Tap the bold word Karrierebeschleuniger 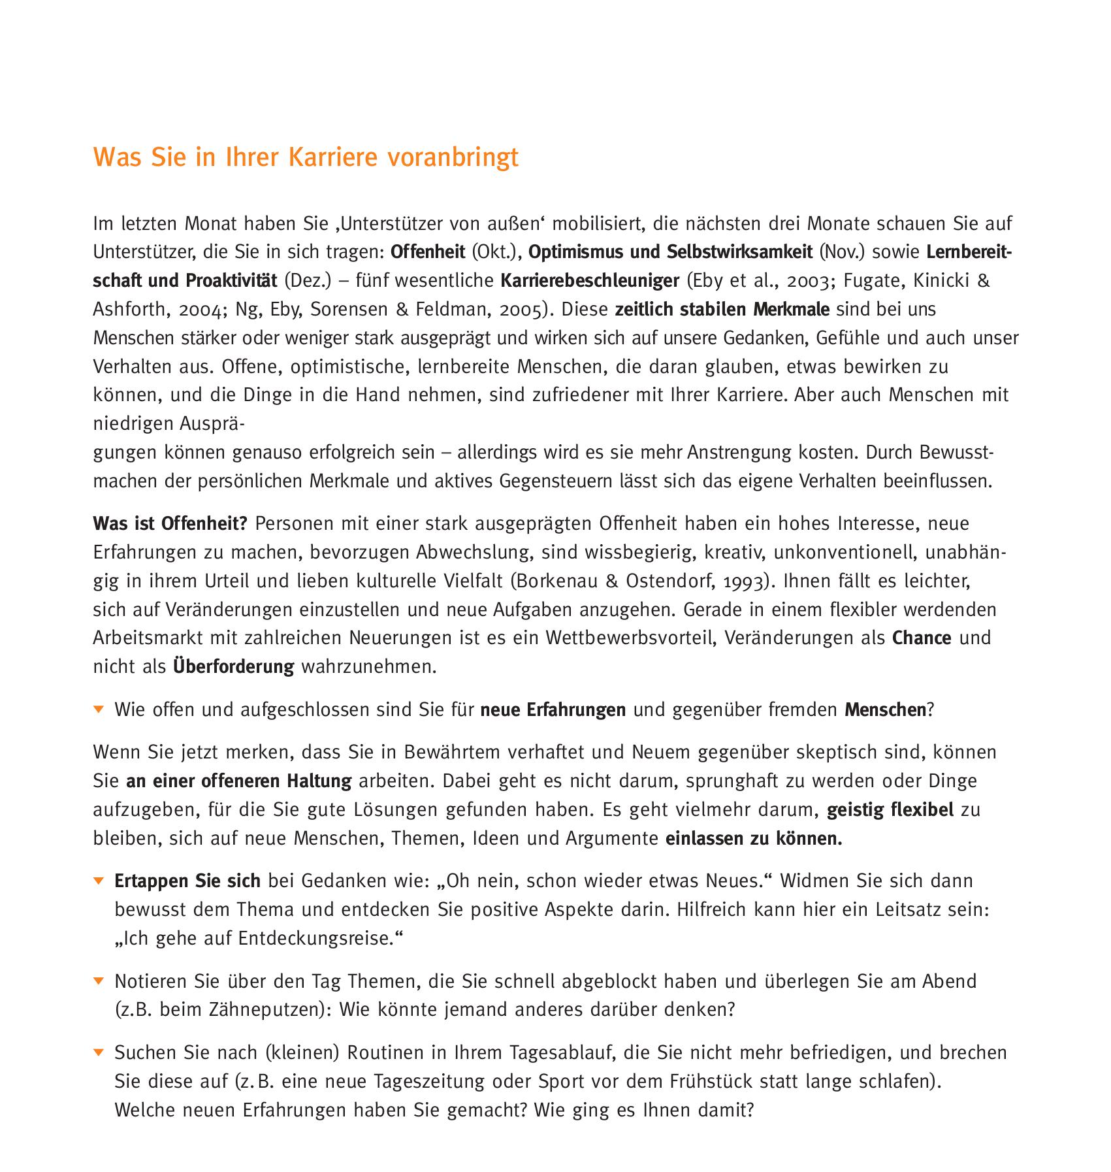point(590,281)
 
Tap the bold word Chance point(922,638)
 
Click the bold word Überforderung point(234,666)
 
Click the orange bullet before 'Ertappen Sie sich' point(99,881)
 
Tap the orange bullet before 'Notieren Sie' point(99,981)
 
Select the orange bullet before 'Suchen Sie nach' point(99,1052)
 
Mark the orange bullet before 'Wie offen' point(99,709)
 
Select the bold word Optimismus point(571,252)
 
